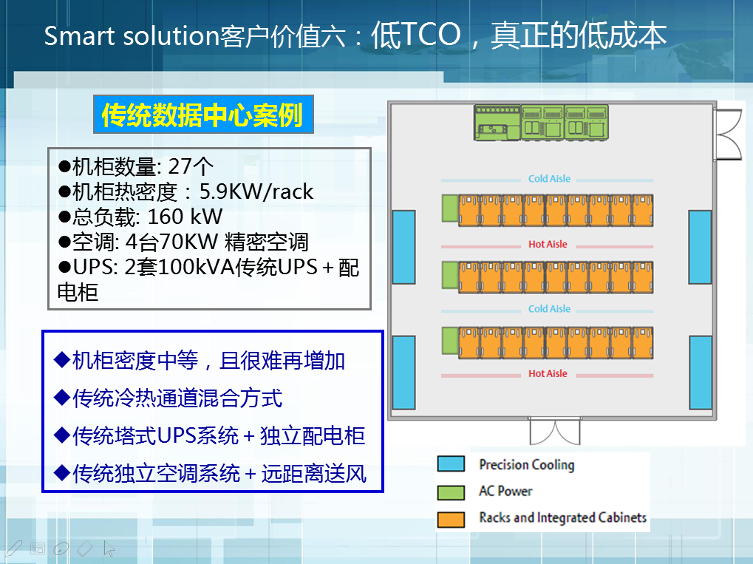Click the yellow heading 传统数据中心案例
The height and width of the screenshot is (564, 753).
tap(202, 115)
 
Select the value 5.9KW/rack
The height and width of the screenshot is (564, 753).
tap(256, 191)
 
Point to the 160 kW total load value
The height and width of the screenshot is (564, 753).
tap(185, 217)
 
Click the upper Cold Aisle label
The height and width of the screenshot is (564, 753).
tap(549, 179)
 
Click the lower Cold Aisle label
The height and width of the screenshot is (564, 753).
tap(549, 309)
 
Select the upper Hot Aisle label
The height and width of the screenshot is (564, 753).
tap(548, 244)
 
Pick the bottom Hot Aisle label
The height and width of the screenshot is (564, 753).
tap(548, 373)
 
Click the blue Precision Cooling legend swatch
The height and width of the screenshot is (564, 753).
tap(451, 463)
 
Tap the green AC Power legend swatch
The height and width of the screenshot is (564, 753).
tap(451, 492)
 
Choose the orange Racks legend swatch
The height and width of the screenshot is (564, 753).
tap(451, 520)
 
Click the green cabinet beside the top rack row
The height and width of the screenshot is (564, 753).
tap(450, 208)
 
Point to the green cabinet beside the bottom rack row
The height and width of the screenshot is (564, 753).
tap(450, 341)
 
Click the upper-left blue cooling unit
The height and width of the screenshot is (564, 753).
tap(404, 247)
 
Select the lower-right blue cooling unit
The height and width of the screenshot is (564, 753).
tap(701, 373)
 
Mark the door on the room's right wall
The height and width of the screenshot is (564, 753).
tap(729, 135)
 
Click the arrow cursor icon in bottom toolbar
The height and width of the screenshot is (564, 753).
tap(109, 548)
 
